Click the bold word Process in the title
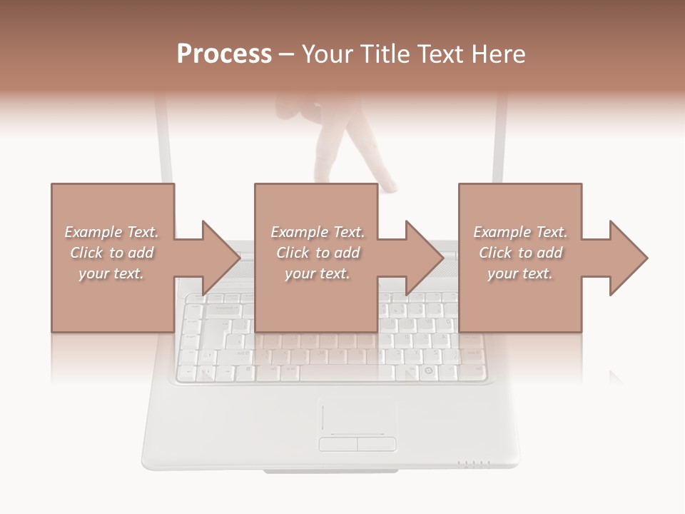[224, 54]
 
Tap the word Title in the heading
[385, 54]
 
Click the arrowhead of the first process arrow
[222, 258]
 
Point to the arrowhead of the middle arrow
[425, 258]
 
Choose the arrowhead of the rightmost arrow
[629, 258]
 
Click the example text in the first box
[111, 253]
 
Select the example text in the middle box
[317, 253]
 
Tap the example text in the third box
[520, 253]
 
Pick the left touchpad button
[338, 444]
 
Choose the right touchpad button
[376, 444]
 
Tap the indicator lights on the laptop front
[474, 464]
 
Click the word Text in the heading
[442, 54]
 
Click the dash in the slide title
[287, 54]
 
